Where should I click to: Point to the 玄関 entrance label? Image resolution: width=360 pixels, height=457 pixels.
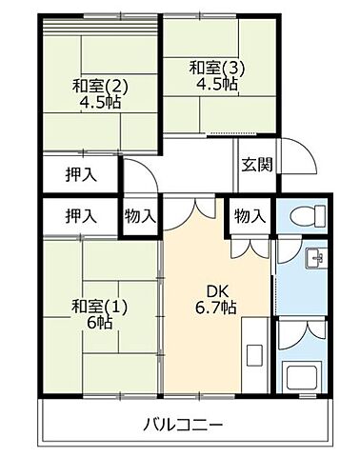[256, 163]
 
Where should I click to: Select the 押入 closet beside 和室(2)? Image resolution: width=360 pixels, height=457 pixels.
[80, 175]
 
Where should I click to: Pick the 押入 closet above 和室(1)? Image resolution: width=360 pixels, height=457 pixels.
[80, 216]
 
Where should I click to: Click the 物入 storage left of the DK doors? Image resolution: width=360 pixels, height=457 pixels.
[140, 216]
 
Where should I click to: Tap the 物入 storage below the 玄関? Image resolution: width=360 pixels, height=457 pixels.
[250, 216]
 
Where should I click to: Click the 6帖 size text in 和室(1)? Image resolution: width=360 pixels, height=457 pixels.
[95, 322]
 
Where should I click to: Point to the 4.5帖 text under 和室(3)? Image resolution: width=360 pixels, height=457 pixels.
[210, 83]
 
